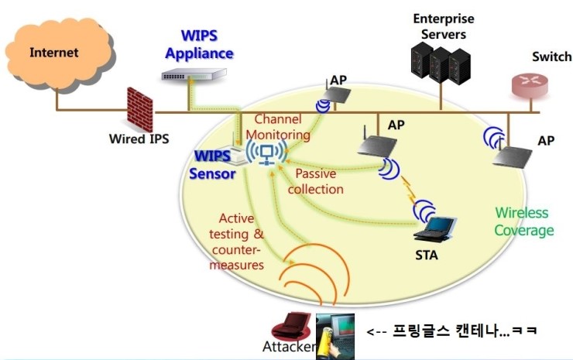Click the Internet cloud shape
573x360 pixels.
point(55,53)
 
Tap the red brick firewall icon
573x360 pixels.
point(141,109)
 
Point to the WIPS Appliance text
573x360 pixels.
point(198,45)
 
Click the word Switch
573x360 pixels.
point(551,57)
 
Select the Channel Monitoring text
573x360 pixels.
point(283,127)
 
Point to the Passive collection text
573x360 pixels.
point(319,181)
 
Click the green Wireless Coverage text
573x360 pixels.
point(524,221)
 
